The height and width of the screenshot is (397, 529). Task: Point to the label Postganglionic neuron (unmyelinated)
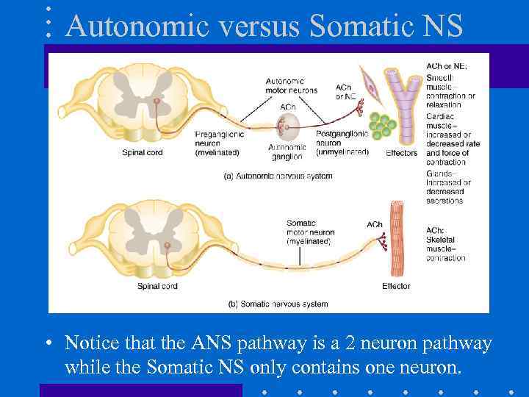(x=342, y=143)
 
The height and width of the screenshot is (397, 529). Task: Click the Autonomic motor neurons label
(x=292, y=85)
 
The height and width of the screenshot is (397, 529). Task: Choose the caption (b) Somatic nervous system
(x=278, y=304)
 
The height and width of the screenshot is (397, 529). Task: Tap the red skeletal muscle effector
(x=397, y=238)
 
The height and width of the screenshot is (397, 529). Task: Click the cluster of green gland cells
(x=381, y=126)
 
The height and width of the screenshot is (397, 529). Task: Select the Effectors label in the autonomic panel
(x=401, y=154)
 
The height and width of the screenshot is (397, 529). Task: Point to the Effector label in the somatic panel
(x=396, y=286)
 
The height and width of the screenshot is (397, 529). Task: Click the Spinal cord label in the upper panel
(x=143, y=153)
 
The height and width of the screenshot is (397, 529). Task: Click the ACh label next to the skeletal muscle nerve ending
(x=375, y=224)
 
